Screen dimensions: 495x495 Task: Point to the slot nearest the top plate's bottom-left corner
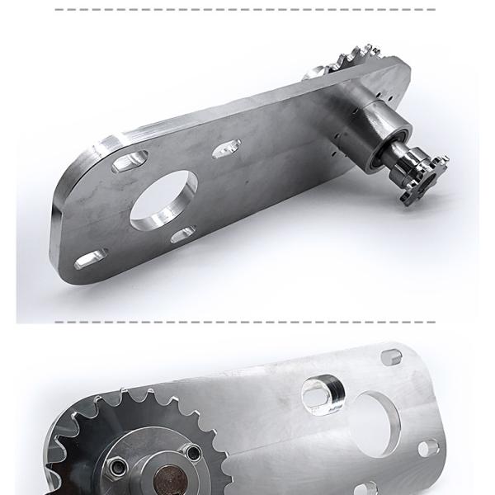click(x=87, y=261)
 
